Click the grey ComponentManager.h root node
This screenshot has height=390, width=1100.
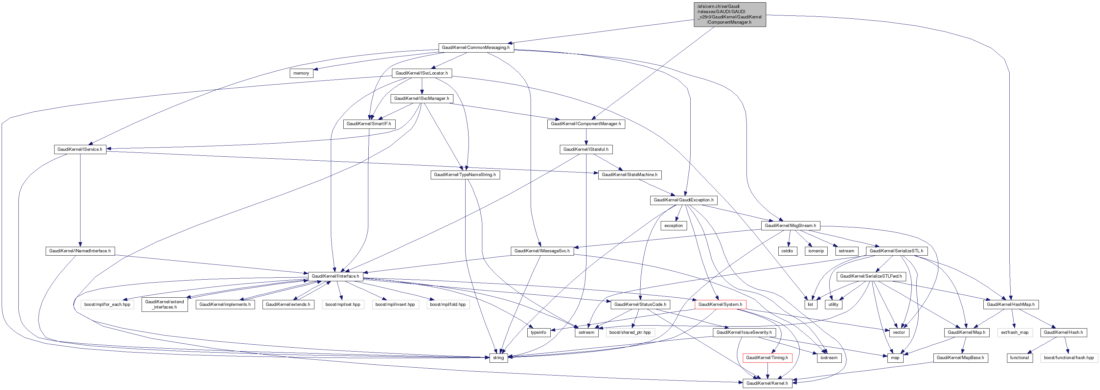[729, 14]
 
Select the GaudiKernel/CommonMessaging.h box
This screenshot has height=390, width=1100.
[476, 47]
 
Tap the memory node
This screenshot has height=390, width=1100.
[301, 73]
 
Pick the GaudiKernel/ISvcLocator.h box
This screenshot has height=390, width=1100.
[422, 73]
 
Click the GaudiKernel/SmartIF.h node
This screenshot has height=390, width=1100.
[369, 124]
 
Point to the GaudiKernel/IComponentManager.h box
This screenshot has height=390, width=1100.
[586, 124]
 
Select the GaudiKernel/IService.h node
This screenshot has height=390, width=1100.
[80, 149]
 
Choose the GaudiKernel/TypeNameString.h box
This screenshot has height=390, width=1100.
[465, 175]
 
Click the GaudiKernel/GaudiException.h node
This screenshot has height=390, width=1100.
[683, 200]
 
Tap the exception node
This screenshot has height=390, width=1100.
[674, 225]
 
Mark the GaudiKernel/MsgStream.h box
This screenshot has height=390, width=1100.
[790, 225]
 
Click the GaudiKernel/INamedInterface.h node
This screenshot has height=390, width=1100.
[80, 251]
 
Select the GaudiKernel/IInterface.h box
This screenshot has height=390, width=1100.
[335, 276]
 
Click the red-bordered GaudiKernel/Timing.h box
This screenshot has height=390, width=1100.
[767, 358]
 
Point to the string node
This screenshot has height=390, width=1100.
[498, 358]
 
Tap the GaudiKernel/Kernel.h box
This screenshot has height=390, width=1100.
[767, 383]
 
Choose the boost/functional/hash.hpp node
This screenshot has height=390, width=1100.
[1069, 358]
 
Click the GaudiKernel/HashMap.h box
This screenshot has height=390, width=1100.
[1011, 305]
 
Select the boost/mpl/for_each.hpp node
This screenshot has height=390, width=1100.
[107, 305]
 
